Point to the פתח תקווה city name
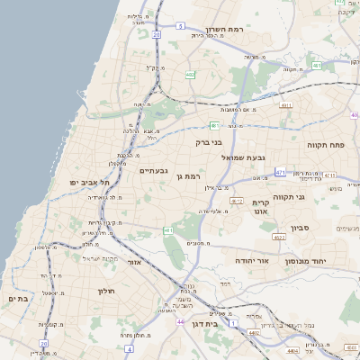point(338,145)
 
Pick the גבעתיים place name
point(153,170)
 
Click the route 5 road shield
point(180,27)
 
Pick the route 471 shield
point(281,171)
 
